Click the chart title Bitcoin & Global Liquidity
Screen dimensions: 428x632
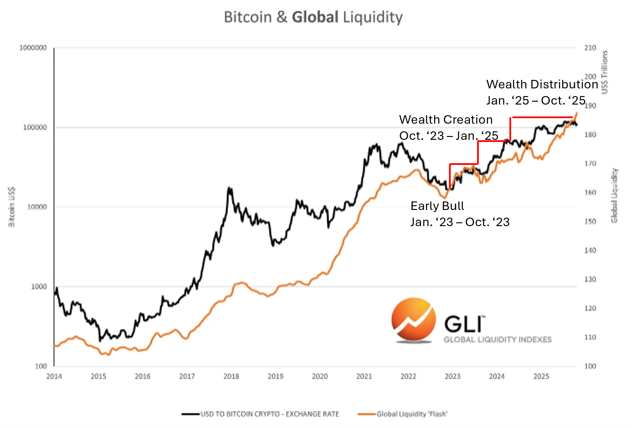(313, 17)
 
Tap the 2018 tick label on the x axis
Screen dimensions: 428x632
(231, 376)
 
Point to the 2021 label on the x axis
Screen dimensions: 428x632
(364, 376)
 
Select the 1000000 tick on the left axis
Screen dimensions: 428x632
(33, 48)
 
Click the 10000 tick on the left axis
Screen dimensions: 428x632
(37, 207)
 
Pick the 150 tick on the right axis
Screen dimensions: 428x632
(590, 221)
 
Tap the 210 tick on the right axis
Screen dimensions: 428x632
(590, 48)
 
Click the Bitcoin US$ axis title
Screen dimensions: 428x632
(12, 207)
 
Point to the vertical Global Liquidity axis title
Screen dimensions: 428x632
(614, 196)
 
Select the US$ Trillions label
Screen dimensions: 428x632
(605, 72)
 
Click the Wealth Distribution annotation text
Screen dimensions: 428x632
(542, 85)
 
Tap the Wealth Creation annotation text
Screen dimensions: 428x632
(446, 120)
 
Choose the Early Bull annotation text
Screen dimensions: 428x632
(437, 206)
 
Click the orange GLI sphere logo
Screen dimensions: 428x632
(414, 320)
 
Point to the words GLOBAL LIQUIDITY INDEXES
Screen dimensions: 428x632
(498, 340)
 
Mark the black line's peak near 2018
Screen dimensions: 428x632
(229, 187)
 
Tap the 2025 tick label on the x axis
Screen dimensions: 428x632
(541, 376)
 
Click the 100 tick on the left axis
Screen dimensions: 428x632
(41, 366)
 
